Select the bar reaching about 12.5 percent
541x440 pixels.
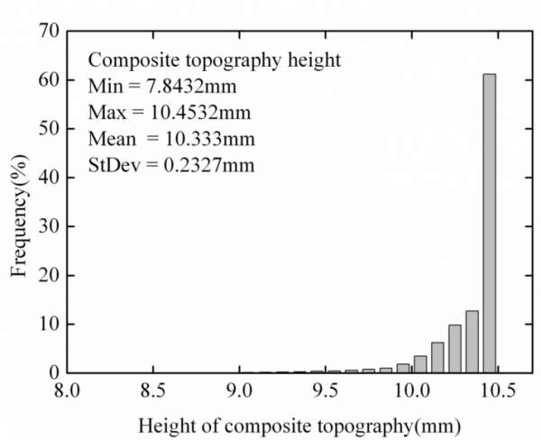click(472, 341)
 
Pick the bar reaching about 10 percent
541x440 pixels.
click(454, 348)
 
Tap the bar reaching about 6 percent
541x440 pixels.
click(437, 357)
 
